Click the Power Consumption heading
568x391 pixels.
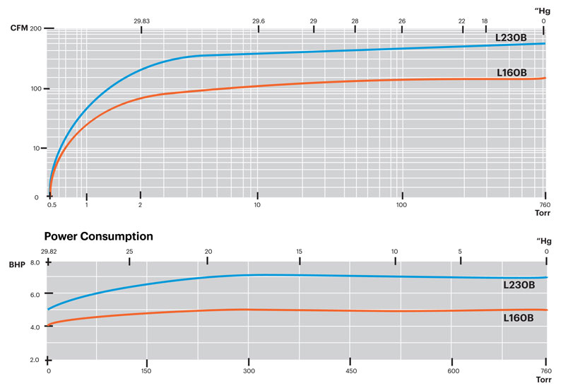[99, 236]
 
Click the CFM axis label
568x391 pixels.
[20, 28]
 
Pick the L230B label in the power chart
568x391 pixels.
[519, 285]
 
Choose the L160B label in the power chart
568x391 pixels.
[519, 318]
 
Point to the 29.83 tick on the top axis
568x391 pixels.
[141, 21]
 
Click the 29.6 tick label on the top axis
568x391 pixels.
[259, 21]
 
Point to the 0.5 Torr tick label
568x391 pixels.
[52, 205]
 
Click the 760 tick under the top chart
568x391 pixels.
[544, 205]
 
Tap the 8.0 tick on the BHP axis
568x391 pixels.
[35, 262]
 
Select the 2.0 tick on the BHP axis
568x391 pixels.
[35, 360]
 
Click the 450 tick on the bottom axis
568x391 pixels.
[350, 371]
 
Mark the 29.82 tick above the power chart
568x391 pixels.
[49, 252]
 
